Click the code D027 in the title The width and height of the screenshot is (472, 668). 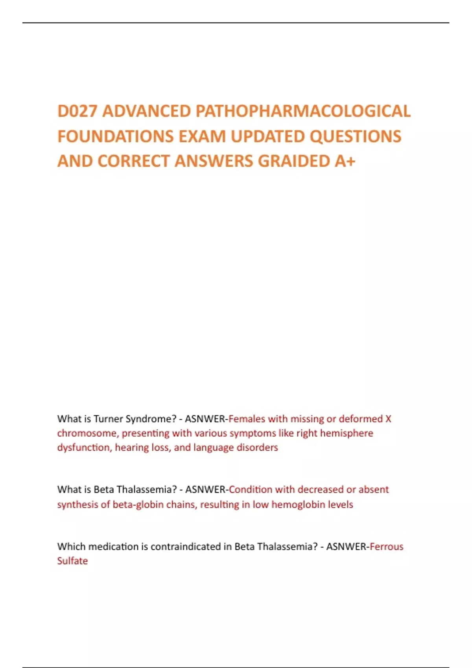(x=77, y=111)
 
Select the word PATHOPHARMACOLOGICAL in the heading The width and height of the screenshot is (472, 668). (x=303, y=111)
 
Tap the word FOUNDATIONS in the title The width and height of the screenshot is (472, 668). (x=116, y=136)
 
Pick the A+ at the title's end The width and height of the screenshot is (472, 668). (x=345, y=161)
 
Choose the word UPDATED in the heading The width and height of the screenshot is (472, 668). (x=267, y=136)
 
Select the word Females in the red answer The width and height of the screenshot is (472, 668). (x=247, y=419)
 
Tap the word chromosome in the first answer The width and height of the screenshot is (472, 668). (x=87, y=433)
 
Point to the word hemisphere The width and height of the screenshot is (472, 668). (x=347, y=433)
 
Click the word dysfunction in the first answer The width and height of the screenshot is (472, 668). (x=83, y=448)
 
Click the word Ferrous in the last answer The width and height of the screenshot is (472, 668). (x=387, y=547)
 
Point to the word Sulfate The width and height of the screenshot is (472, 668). (x=72, y=561)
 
